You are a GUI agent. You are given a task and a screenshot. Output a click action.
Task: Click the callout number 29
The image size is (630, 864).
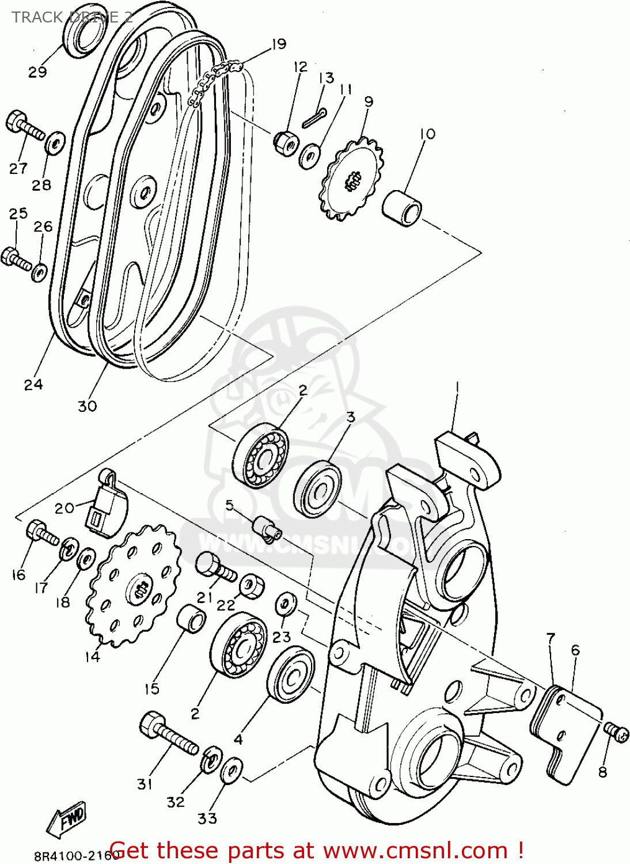coord(37,73)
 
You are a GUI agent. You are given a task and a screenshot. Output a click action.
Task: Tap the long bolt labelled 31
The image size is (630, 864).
coord(168,734)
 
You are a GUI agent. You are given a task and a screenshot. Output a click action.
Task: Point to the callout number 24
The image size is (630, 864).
coord(33,385)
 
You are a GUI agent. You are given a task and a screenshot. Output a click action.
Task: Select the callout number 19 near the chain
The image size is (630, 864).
coord(279,44)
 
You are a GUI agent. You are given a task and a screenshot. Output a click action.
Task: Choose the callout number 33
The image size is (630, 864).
coord(207,818)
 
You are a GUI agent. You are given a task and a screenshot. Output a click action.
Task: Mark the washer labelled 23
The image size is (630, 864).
coord(285,602)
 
